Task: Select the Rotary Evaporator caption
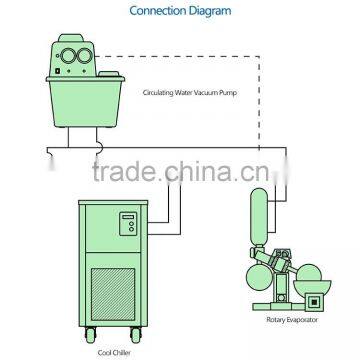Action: coord(303,319)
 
